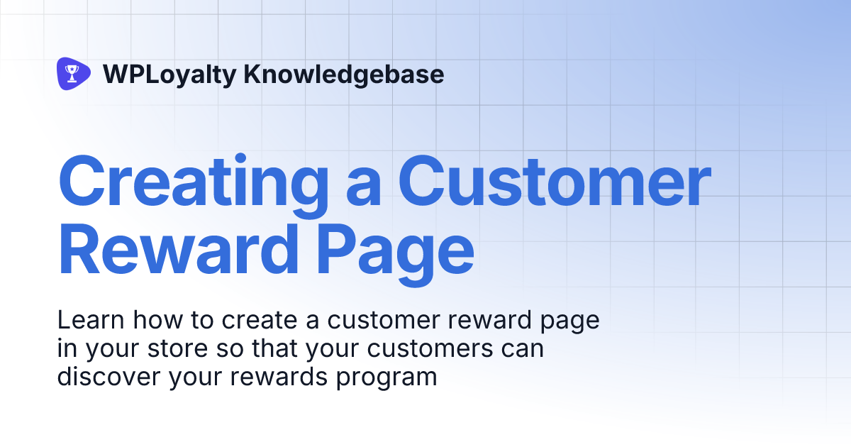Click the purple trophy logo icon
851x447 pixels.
tap(73, 74)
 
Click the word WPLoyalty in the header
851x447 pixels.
tap(169, 74)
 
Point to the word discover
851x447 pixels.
tap(110, 377)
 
